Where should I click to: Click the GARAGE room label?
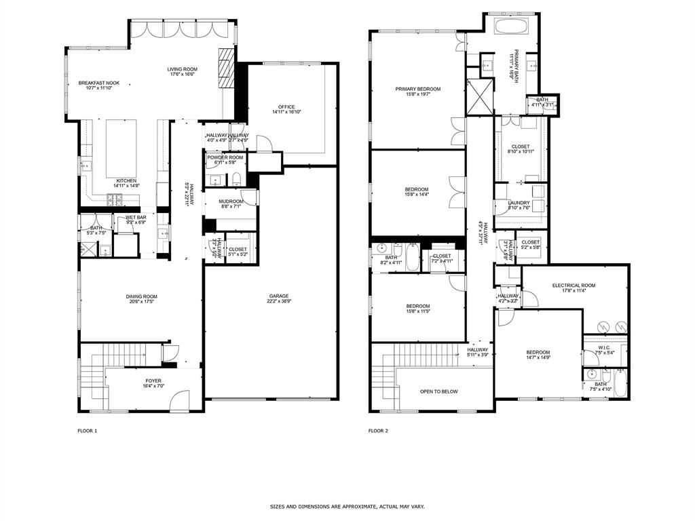coord(278,296)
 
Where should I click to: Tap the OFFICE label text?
coord(285,107)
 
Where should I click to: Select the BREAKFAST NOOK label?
coord(98,83)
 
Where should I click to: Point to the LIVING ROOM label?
coord(182,69)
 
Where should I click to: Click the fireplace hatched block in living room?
coord(226,68)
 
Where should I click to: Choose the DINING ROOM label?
coord(141,296)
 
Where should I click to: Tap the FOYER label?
coord(153,381)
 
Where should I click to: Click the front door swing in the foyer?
coord(180,400)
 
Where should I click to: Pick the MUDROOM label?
coord(231,201)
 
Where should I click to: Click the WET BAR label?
coord(136,217)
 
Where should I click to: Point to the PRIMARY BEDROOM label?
coord(418,89)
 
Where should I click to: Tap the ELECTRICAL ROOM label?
coord(574,286)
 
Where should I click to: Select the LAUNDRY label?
coord(519,203)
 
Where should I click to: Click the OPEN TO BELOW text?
coord(438,391)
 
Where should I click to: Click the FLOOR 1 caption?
coord(87,431)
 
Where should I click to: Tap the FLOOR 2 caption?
coord(377,431)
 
